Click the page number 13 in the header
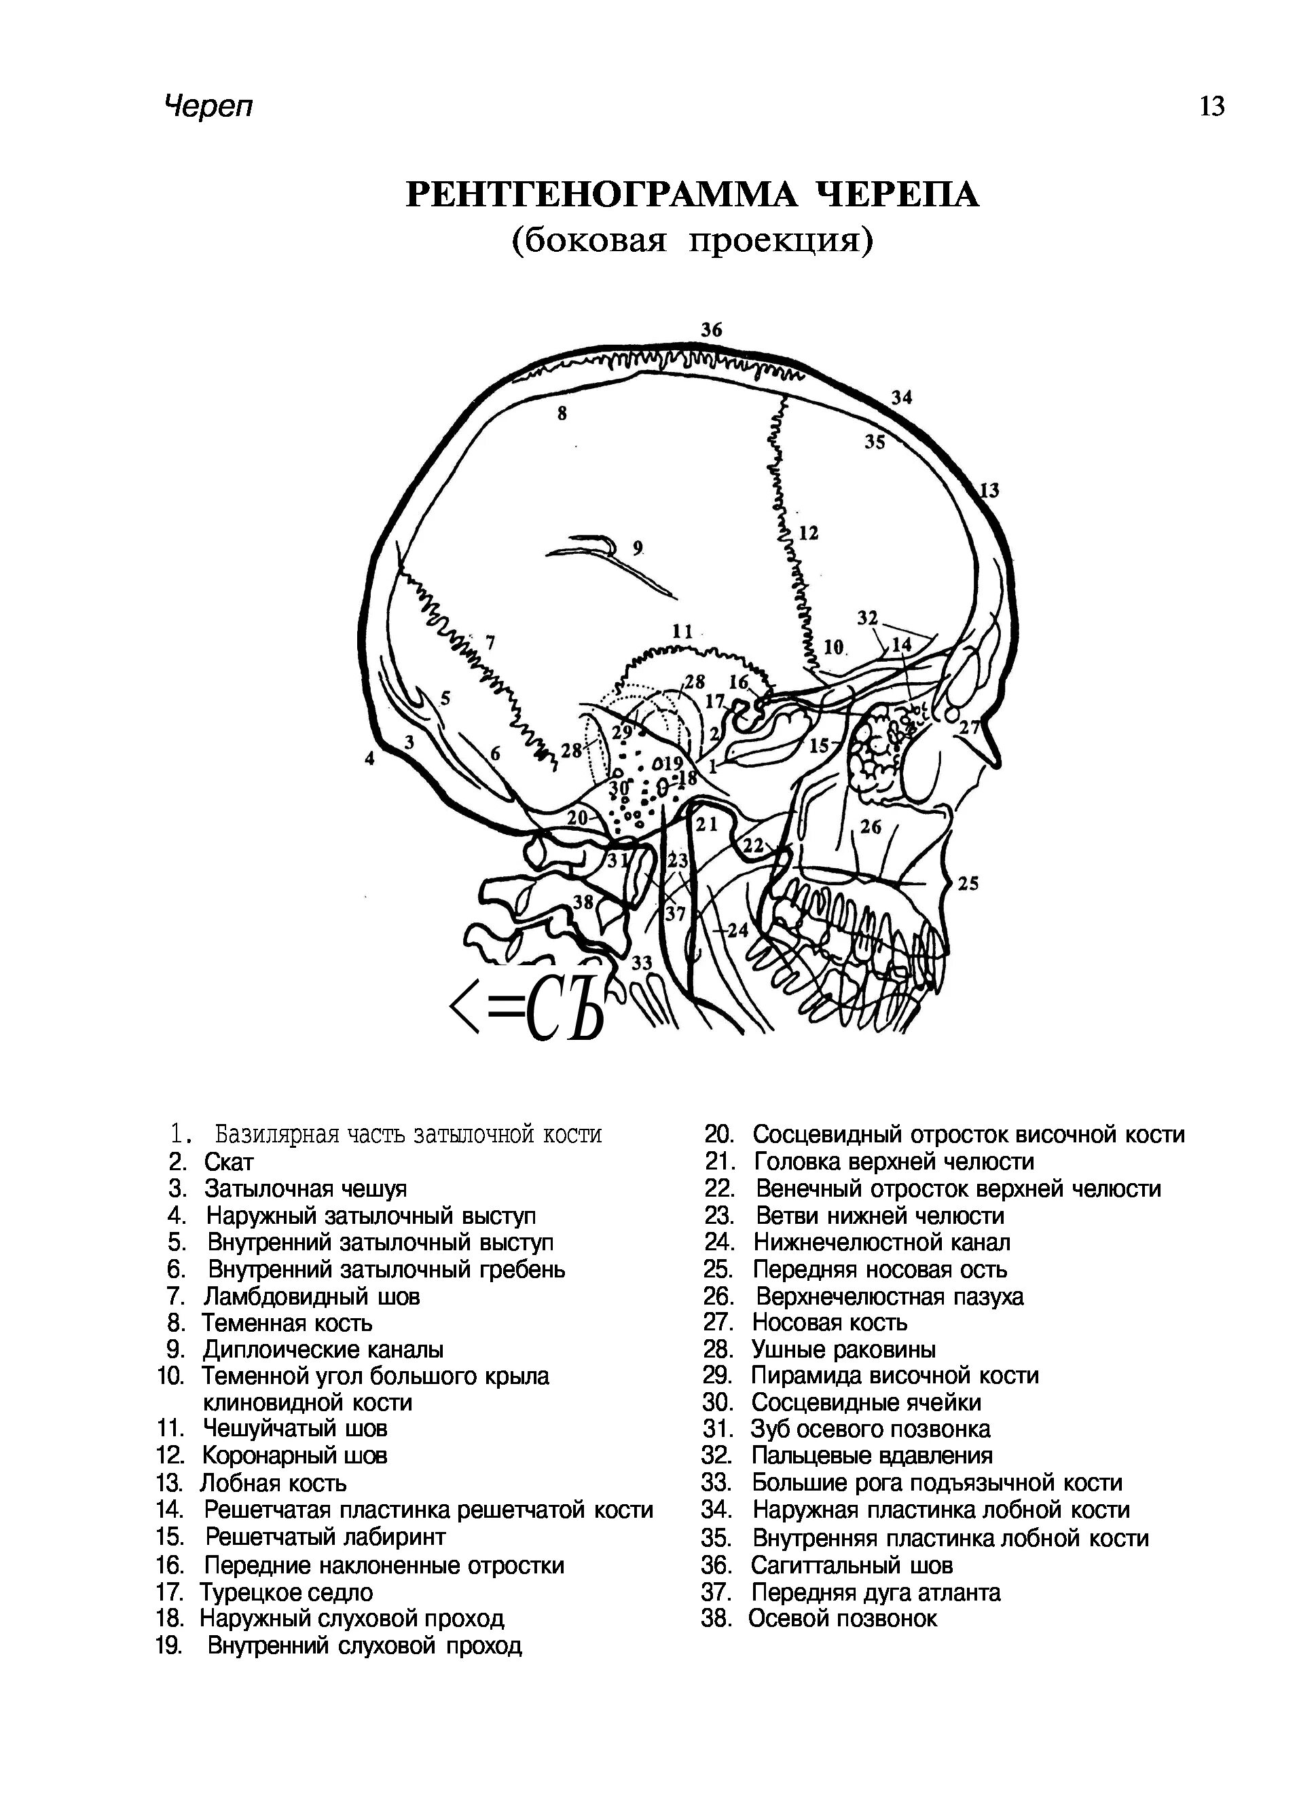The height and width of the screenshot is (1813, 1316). [x=1211, y=107]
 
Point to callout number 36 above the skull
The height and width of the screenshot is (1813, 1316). [x=712, y=329]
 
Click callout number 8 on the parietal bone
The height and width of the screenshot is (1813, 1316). [x=562, y=414]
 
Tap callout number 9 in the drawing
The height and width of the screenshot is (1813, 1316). [x=637, y=548]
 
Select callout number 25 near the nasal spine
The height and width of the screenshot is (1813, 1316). [x=968, y=883]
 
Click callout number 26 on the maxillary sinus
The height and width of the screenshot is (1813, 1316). [x=871, y=826]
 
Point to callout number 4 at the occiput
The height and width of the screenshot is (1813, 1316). [x=369, y=759]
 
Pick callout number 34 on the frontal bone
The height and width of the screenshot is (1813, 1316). [x=902, y=397]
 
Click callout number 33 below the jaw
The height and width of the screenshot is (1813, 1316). [x=642, y=963]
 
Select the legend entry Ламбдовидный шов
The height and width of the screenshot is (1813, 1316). [x=311, y=1296]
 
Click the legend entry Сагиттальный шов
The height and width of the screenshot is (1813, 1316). [x=852, y=1565]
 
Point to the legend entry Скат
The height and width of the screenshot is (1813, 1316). [x=228, y=1161]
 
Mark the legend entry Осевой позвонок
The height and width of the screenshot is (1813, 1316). [x=842, y=1618]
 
